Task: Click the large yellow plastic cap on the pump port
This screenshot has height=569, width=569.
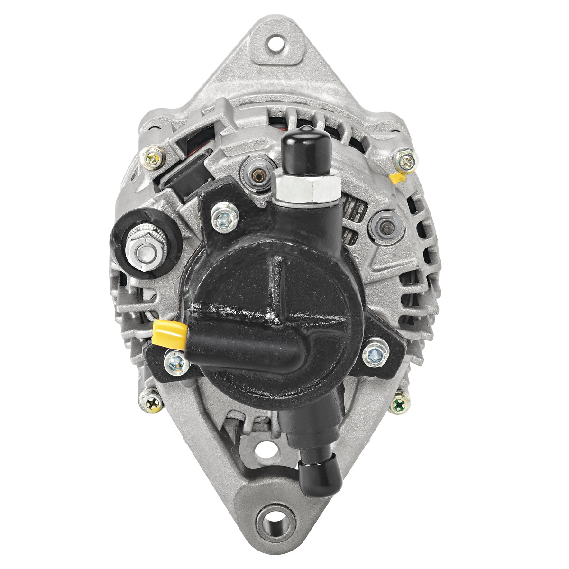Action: click(169, 333)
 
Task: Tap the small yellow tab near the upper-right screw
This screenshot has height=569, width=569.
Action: click(397, 178)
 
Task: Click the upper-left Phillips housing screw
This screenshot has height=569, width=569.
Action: click(153, 156)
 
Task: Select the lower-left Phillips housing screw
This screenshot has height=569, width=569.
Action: click(151, 402)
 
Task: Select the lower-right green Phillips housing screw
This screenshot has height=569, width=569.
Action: click(400, 403)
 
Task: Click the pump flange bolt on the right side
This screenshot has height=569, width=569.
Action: click(376, 353)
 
